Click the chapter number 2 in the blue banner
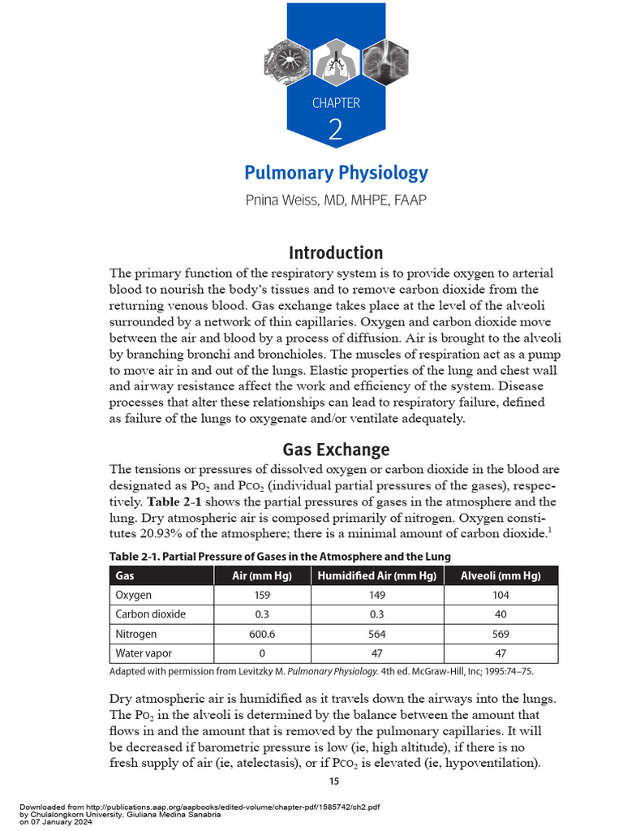point(336,130)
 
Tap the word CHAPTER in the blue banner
point(336,103)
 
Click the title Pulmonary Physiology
point(336,173)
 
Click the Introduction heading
point(336,252)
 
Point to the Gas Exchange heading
point(336,449)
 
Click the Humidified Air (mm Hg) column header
point(377,576)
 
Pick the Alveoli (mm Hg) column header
point(501,576)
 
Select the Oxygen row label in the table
point(134,595)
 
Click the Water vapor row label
point(144,653)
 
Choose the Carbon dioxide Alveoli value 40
point(501,614)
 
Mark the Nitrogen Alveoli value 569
point(501,634)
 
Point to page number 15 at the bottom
point(333,781)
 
